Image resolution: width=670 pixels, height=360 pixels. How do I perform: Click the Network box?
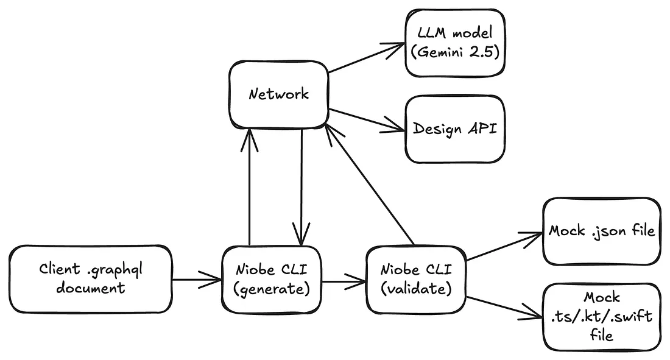[x=278, y=94]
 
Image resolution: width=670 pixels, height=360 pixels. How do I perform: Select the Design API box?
[x=455, y=129]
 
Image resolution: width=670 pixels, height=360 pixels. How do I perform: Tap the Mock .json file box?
[x=601, y=231]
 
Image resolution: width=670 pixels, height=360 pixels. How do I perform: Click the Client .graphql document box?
[x=91, y=278]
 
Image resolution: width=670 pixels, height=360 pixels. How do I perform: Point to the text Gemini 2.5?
[x=455, y=52]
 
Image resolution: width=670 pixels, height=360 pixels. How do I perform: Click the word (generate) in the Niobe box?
[x=272, y=289]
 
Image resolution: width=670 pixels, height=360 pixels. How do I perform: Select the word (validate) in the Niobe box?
[x=416, y=289]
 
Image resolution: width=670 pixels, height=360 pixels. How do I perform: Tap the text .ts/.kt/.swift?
[x=601, y=316]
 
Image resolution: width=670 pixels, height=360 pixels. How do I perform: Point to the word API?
[x=482, y=129]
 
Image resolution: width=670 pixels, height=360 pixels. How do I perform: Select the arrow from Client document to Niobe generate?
[x=197, y=280]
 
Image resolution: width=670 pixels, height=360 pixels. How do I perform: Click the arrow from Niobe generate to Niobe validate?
[x=344, y=282]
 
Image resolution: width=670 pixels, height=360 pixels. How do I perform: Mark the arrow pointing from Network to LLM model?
[x=367, y=58]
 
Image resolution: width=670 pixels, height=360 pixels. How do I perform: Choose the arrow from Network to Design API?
[x=367, y=120]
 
